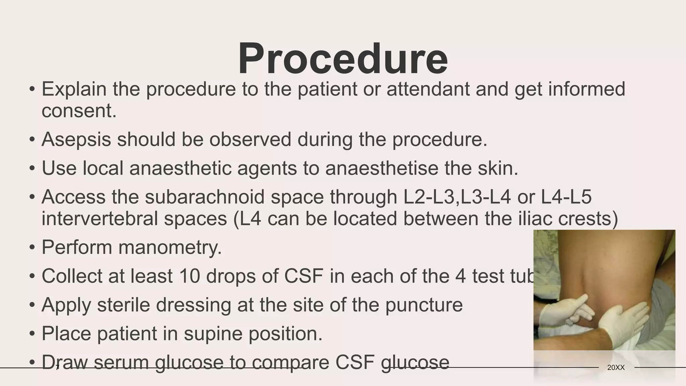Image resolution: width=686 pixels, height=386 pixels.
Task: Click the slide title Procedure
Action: click(343, 59)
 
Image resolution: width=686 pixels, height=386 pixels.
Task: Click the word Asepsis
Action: click(76, 139)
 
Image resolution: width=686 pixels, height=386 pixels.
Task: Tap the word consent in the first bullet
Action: click(79, 111)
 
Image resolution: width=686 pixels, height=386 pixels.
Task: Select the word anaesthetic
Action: click(180, 168)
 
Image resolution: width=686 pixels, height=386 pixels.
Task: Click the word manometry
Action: click(170, 248)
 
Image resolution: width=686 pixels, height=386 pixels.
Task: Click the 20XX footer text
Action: click(616, 368)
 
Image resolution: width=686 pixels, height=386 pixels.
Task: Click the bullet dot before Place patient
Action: click(32, 334)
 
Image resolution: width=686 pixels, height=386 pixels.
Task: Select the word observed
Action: click(250, 139)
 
